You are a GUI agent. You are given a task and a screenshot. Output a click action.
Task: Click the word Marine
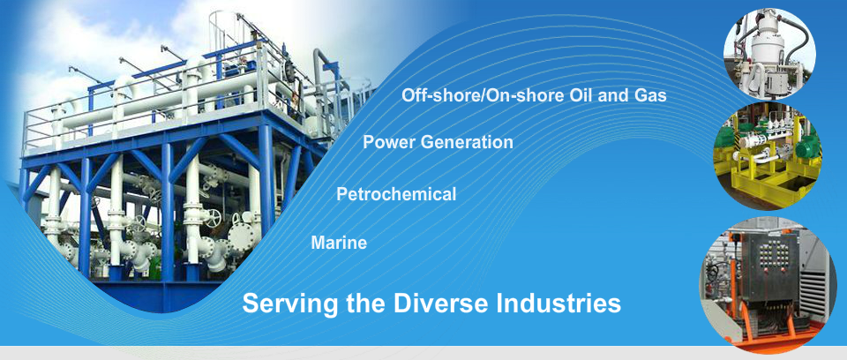[x=339, y=243]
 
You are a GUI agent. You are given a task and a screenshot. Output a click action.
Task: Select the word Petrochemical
[x=396, y=193]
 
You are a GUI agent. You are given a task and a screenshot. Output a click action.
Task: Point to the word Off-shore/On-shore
[x=483, y=95]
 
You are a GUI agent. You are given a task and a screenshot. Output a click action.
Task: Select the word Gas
[x=650, y=95]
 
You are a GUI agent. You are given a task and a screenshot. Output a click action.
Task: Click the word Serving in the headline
[x=290, y=304]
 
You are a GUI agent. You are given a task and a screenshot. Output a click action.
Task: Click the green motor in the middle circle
[x=808, y=145]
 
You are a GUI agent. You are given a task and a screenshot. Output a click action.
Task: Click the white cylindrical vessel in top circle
[x=767, y=49]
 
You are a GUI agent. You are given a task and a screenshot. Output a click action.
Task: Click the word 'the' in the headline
[x=365, y=303]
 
